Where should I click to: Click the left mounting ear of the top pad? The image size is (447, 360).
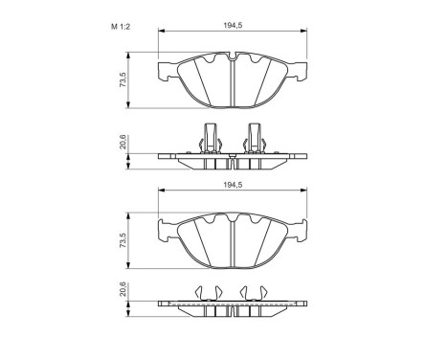164,70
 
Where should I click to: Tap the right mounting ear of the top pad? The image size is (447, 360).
303,70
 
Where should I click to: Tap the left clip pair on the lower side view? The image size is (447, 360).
208,292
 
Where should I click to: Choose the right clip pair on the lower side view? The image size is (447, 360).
257,292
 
